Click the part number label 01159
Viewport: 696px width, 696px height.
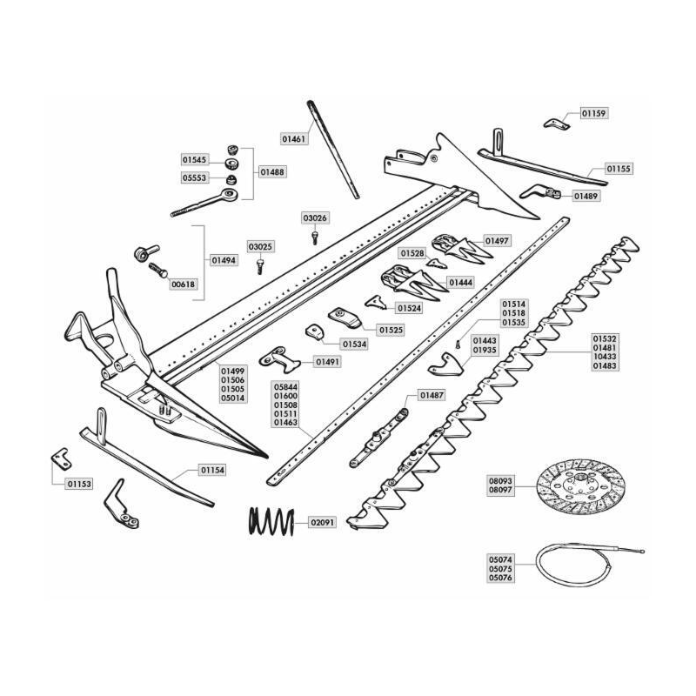point(594,113)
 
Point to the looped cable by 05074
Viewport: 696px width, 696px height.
point(586,564)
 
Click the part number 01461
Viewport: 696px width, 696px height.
point(294,139)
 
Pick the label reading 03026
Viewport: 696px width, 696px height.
point(315,218)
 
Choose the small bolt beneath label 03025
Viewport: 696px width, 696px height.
point(260,266)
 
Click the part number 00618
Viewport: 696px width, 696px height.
point(183,284)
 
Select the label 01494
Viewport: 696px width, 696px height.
point(224,260)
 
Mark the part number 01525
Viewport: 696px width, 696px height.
point(391,331)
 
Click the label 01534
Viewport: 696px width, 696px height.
point(354,344)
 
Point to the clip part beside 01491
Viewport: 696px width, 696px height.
point(280,359)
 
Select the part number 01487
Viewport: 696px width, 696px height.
point(432,395)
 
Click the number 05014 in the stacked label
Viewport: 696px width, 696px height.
point(233,398)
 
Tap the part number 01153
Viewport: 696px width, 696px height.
point(79,484)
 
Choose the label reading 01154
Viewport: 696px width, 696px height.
point(212,470)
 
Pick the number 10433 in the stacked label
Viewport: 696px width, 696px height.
point(605,357)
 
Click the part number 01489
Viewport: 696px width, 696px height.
point(586,196)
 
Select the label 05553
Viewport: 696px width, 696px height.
point(194,178)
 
